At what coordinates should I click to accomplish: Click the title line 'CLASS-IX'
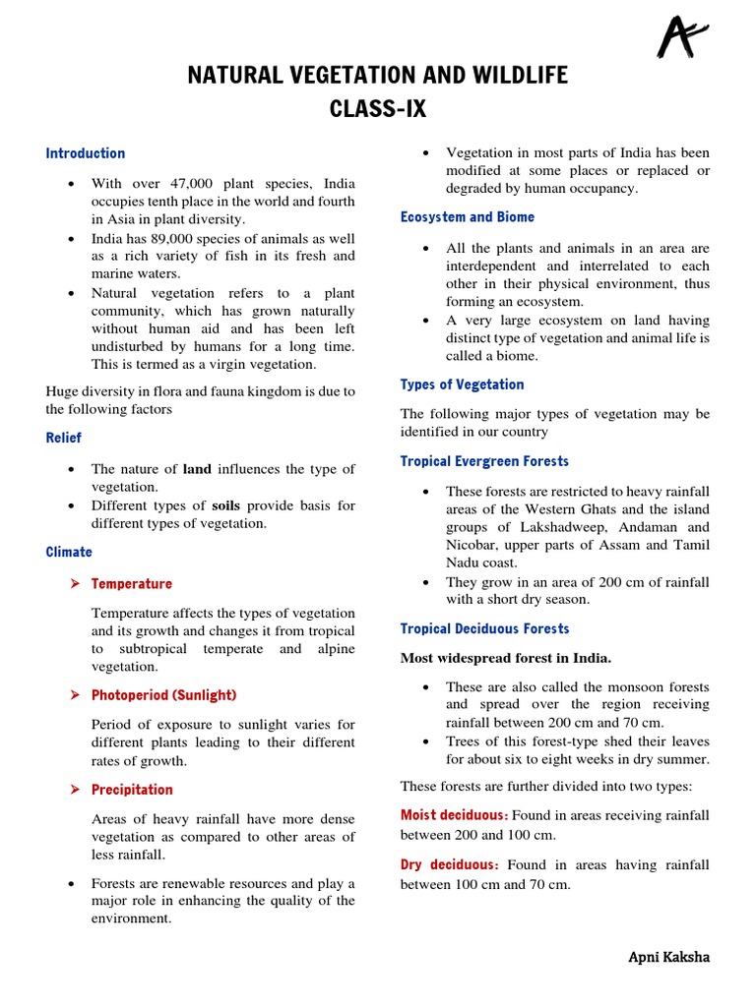click(x=378, y=109)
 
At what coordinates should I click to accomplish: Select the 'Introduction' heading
click(x=86, y=153)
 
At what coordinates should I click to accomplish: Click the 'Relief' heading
click(x=64, y=438)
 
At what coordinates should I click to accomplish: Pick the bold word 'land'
click(x=197, y=469)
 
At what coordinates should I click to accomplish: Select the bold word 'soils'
click(x=227, y=505)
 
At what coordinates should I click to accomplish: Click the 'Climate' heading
click(x=69, y=553)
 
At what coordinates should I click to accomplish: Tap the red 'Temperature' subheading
click(x=131, y=584)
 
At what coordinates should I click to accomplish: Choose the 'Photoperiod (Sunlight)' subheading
click(x=163, y=695)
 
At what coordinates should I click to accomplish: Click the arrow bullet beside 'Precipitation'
click(x=75, y=790)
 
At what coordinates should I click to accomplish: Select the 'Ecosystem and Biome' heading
click(x=468, y=217)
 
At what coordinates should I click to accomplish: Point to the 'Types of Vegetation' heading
click(x=462, y=385)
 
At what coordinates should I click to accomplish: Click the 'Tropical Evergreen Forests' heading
click(x=484, y=461)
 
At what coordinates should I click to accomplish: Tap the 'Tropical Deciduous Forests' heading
click(x=484, y=628)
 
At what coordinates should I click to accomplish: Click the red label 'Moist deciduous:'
click(x=454, y=815)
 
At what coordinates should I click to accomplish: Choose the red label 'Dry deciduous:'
click(x=447, y=864)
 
